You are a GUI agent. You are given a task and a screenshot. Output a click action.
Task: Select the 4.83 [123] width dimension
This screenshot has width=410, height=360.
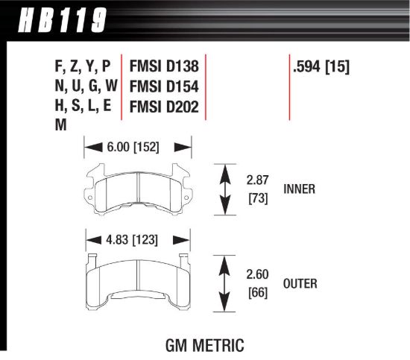click(x=133, y=240)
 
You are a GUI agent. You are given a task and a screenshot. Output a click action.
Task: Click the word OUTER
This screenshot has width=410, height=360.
click(x=301, y=283)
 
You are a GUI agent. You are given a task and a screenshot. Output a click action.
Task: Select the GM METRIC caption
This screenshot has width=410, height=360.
click(x=203, y=346)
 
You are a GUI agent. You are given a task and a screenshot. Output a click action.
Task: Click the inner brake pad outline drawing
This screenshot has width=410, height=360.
click(x=139, y=189)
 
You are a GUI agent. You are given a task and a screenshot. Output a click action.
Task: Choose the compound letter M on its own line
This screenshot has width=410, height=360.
click(x=60, y=126)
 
